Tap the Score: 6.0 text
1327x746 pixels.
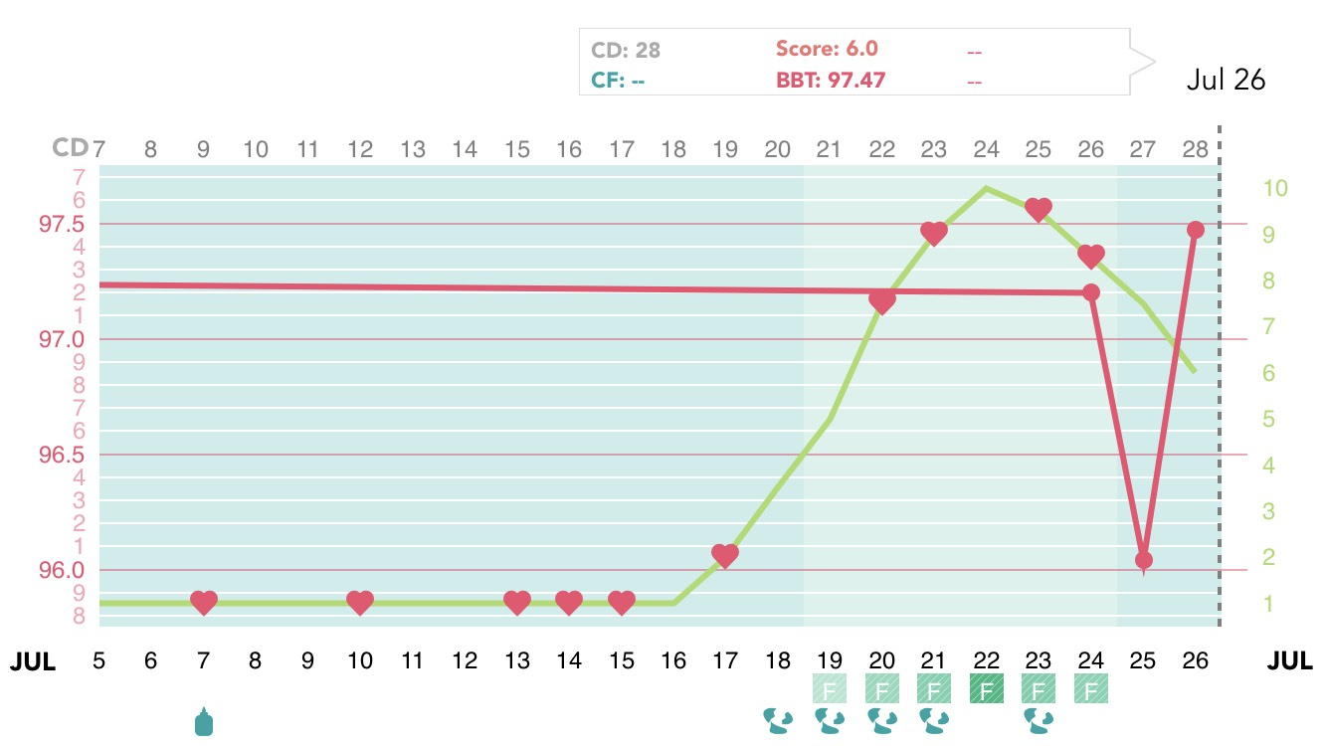point(827,50)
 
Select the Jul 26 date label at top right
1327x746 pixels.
point(1226,81)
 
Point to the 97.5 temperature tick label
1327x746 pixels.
point(61,224)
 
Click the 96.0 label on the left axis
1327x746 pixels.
point(61,571)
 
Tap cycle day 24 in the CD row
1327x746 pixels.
point(986,149)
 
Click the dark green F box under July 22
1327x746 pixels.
point(986,688)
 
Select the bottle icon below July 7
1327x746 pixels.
point(203,721)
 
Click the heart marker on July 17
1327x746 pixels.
point(725,555)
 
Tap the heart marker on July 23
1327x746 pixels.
point(1039,209)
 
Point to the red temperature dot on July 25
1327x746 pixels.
point(1144,560)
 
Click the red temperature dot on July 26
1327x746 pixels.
point(1196,230)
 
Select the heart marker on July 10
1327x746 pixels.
point(360,602)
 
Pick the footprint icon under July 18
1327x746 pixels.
point(777,720)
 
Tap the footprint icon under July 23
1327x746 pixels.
point(1039,720)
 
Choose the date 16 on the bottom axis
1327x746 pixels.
point(673,659)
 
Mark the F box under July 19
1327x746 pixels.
point(829,688)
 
